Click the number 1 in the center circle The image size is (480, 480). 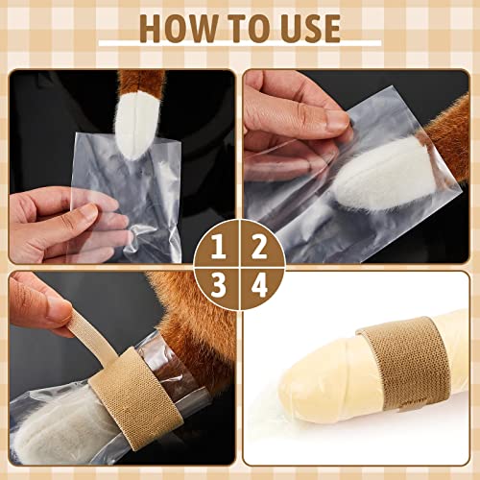(x=219, y=248)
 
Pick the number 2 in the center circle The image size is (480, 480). (x=258, y=248)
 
